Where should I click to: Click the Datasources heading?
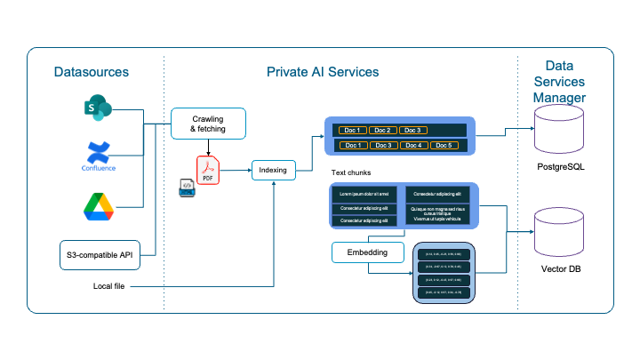pos(91,71)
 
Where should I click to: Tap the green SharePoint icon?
pos(97,109)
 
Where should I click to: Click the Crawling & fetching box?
pos(207,124)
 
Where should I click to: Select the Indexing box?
pos(273,169)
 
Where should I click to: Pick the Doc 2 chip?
pos(383,131)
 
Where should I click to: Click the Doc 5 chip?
pos(444,145)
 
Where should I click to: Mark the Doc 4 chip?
pos(413,145)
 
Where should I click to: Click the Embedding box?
pos(366,252)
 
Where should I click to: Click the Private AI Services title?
pos(323,71)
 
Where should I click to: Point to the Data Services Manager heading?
pos(559,81)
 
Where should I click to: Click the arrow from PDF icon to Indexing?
pos(236,169)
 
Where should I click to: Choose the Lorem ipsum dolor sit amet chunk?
pos(364,193)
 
